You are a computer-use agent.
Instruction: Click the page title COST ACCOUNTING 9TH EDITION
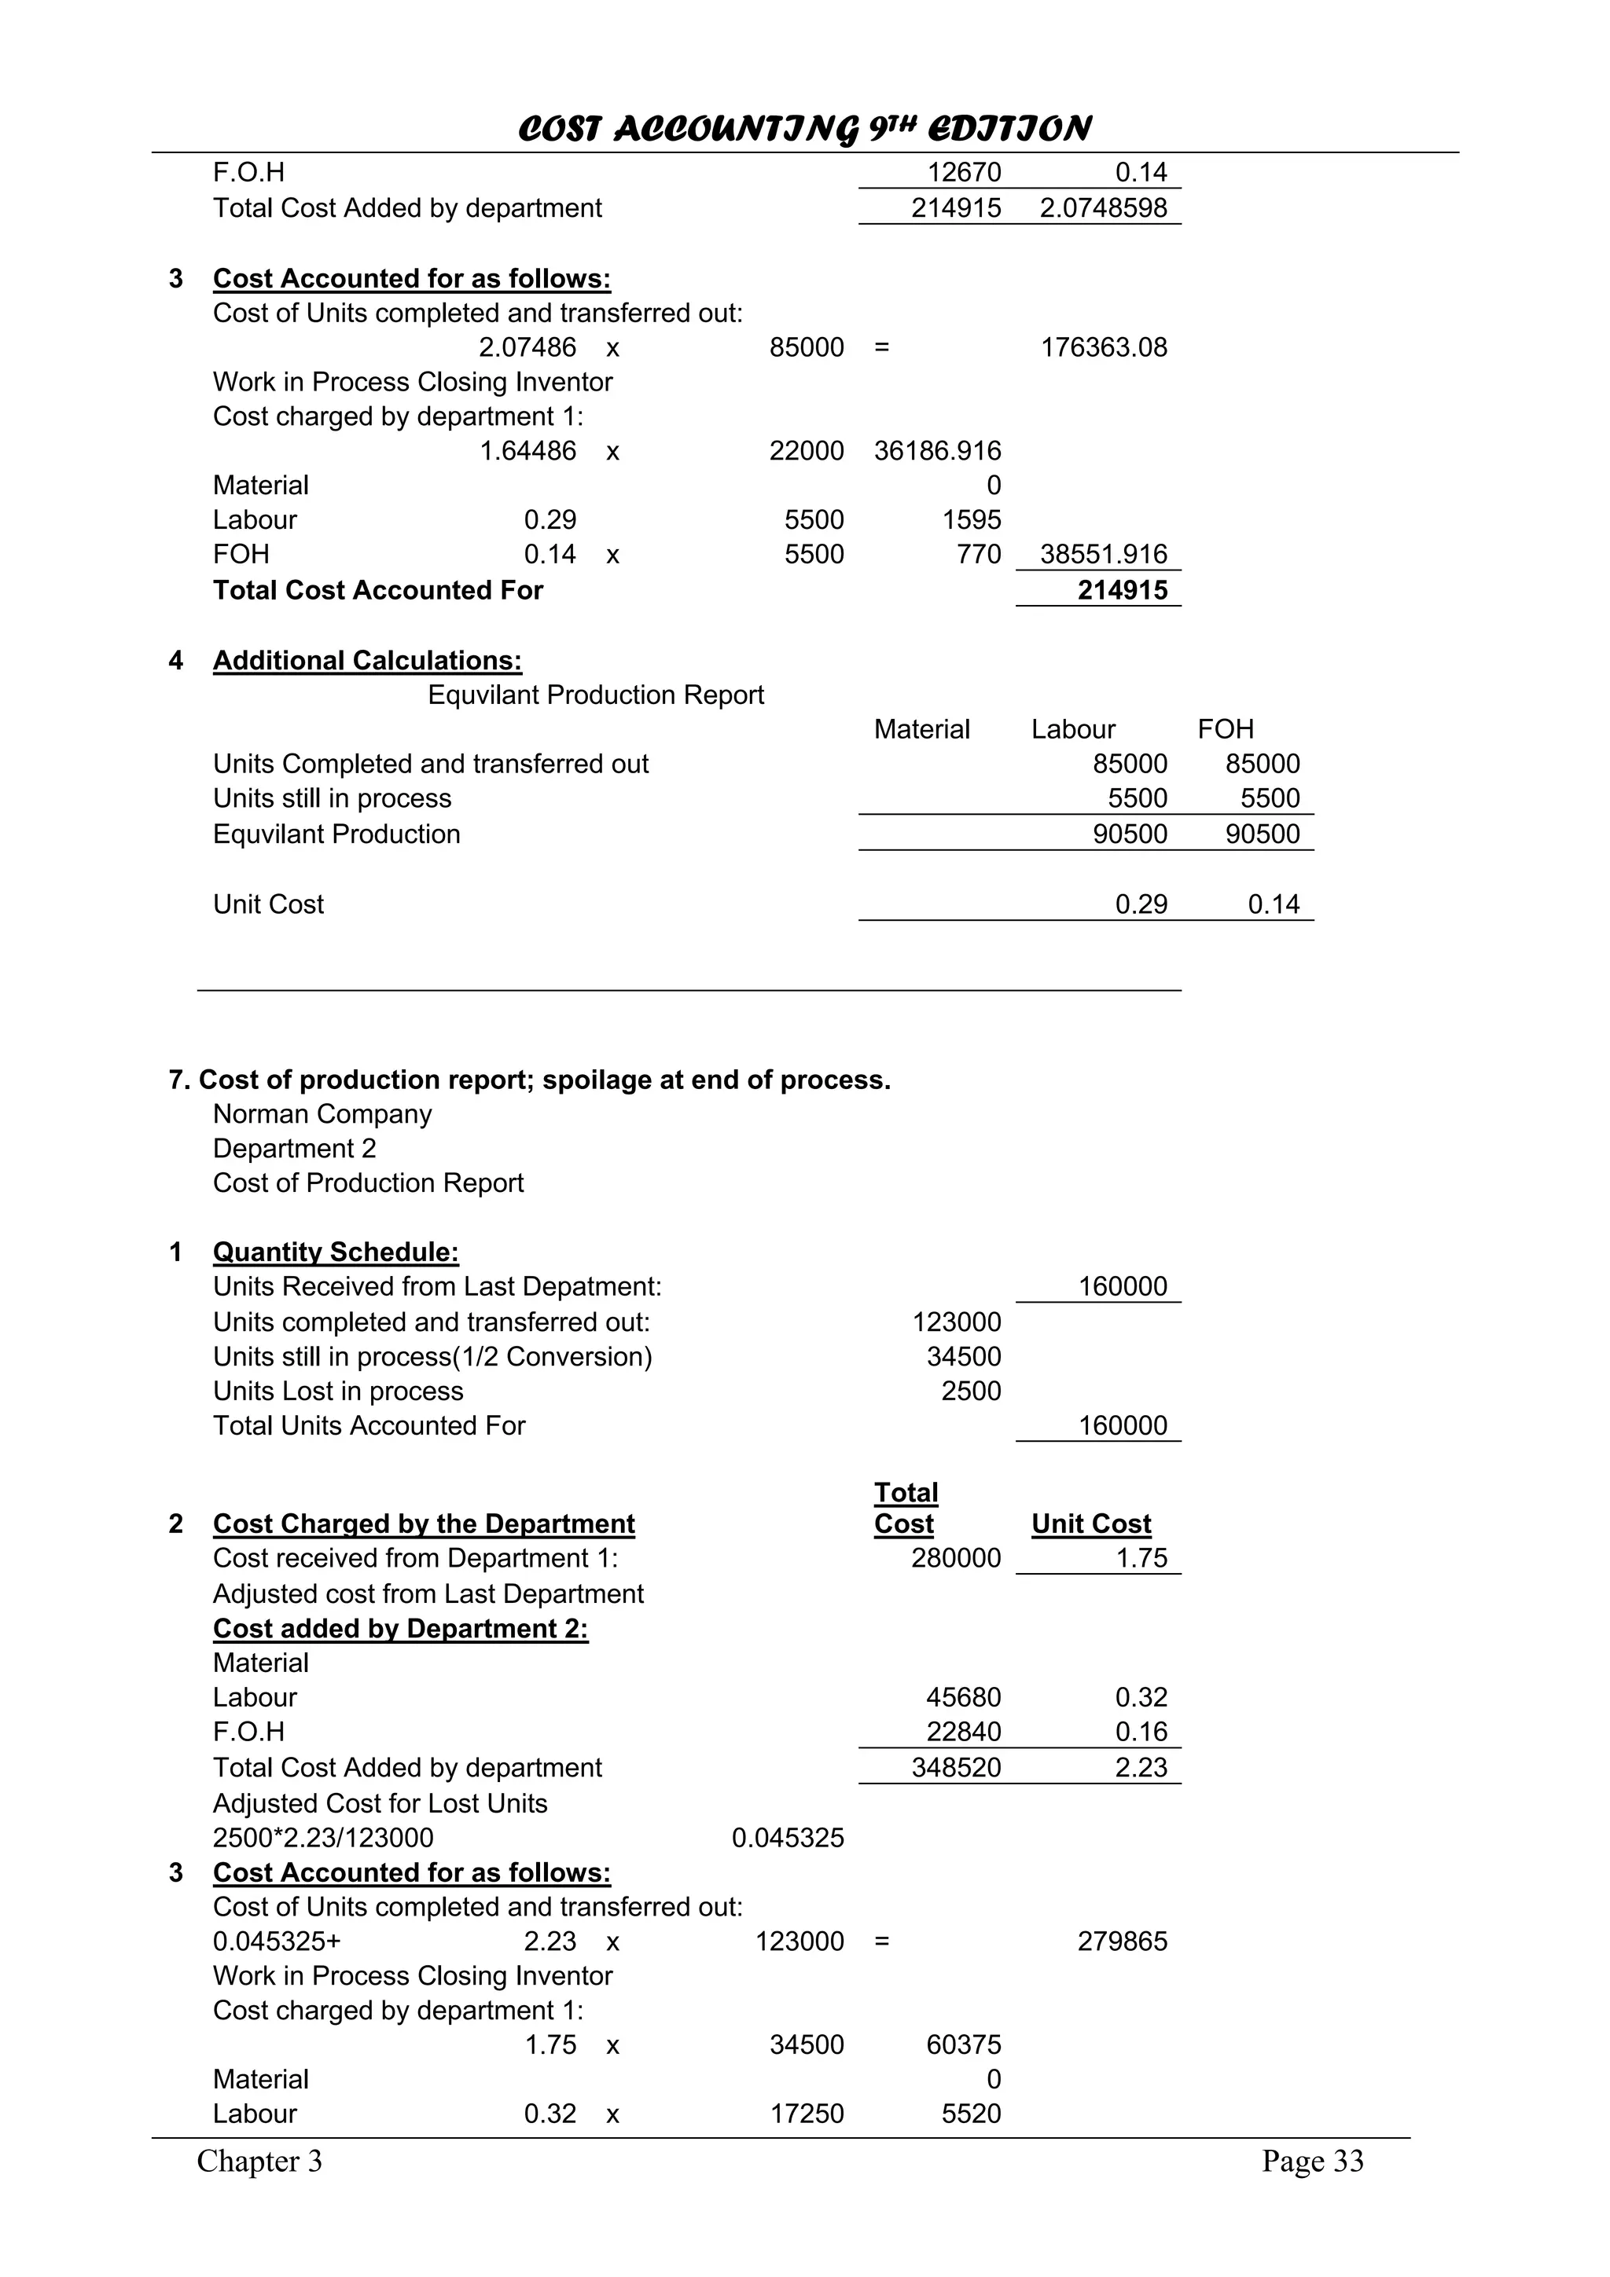pos(804,129)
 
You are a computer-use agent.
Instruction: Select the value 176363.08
pos(1103,348)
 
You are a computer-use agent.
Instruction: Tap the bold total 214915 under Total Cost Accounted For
pos(1122,591)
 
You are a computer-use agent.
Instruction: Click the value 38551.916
pos(1103,555)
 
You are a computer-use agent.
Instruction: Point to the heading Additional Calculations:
pos(367,662)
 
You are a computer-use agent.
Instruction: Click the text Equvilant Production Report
pos(595,695)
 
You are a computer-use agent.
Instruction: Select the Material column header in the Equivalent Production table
pos(921,730)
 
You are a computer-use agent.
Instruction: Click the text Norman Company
pos(322,1115)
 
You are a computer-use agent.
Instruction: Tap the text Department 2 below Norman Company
pos(295,1149)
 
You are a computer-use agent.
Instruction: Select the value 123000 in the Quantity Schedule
pos(956,1323)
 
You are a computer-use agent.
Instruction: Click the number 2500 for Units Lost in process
pos(970,1391)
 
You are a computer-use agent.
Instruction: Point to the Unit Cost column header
pos(1091,1524)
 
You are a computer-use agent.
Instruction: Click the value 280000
pos(956,1559)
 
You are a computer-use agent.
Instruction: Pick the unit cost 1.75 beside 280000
pos(1141,1559)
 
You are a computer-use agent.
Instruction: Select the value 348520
pos(956,1768)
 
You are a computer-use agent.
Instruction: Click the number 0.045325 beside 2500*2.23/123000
pos(788,1839)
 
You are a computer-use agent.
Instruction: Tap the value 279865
pos(1122,1941)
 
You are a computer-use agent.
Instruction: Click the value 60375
pos(963,2045)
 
